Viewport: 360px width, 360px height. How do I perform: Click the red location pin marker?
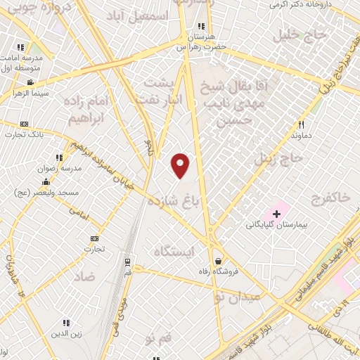click(181, 165)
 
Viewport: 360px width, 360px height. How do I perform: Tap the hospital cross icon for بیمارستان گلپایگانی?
click(276, 213)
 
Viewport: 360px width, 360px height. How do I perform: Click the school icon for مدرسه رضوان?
click(59, 158)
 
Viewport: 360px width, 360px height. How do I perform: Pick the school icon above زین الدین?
click(66, 322)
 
